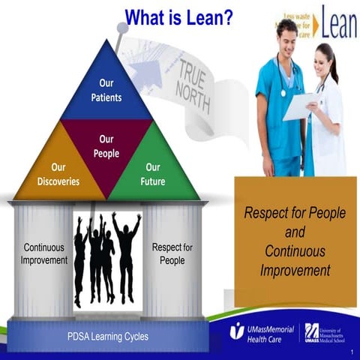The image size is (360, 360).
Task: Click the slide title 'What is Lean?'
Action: pos(178,16)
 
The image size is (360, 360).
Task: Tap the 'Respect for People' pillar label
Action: pos(172,253)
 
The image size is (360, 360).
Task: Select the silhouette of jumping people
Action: pos(106,255)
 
